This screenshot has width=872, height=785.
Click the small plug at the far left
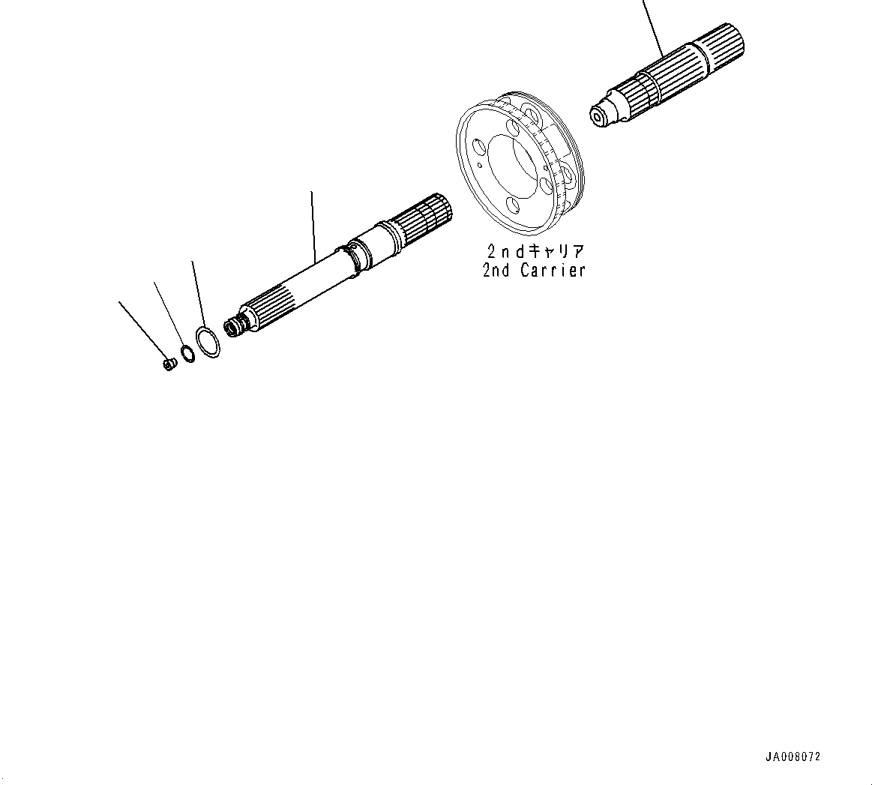click(169, 364)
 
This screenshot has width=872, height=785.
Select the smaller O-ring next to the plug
click(187, 352)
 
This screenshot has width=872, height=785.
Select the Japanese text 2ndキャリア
click(534, 250)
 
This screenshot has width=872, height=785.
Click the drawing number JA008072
click(793, 757)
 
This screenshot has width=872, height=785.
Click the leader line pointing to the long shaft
click(313, 225)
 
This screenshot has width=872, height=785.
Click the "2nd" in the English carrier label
click(496, 270)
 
